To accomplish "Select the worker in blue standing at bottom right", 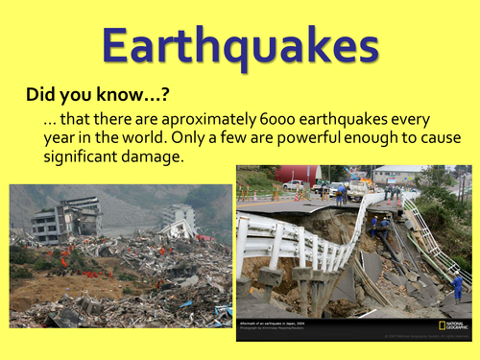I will pos(458,285).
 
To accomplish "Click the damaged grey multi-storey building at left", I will pos(65,219).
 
